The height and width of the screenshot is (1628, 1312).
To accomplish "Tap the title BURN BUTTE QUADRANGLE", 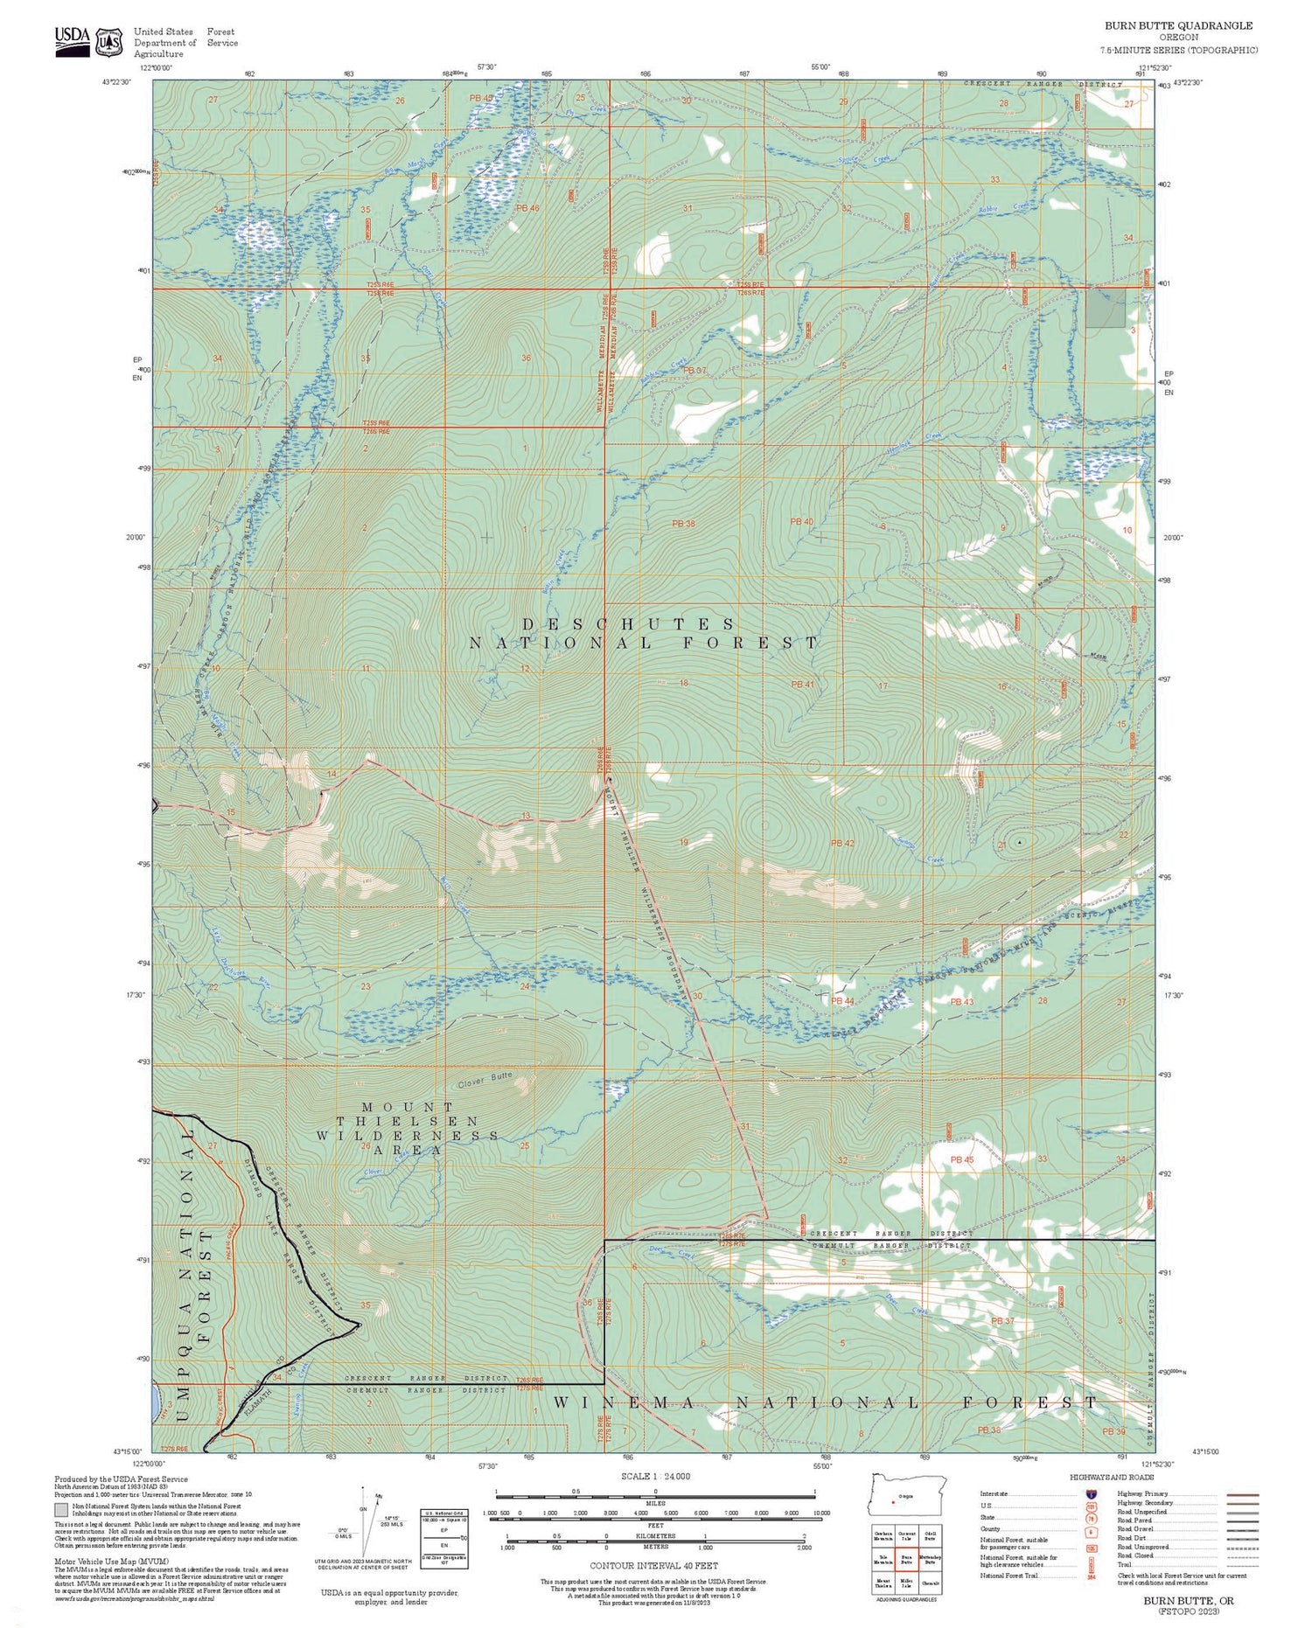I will [1178, 26].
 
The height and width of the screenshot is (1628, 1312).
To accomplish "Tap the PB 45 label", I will [961, 1159].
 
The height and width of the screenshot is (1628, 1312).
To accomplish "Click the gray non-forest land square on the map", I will [1106, 309].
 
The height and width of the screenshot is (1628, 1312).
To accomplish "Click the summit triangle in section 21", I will [1019, 842].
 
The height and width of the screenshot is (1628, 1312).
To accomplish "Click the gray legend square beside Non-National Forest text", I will [60, 1509].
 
